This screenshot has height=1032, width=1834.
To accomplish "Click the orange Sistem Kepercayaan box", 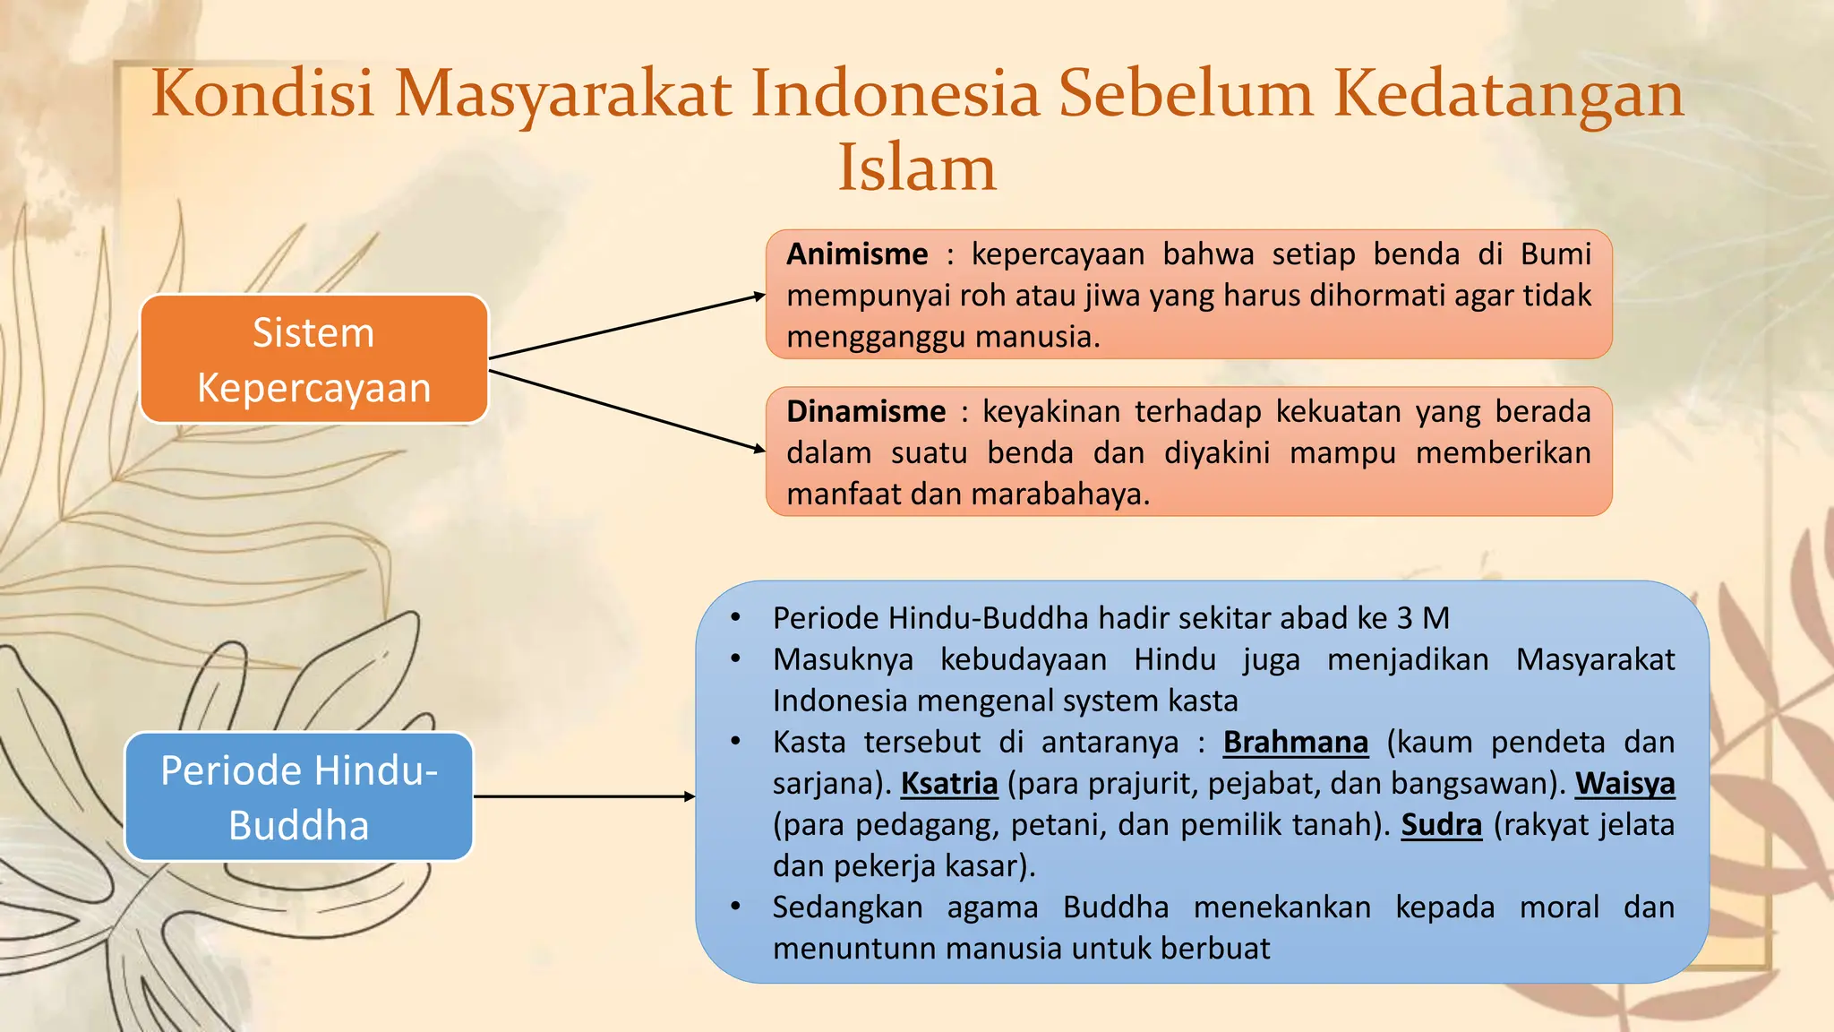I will (313, 359).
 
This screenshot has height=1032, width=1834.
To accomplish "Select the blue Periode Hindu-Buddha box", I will (298, 796).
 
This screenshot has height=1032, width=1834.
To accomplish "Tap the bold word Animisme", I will (857, 254).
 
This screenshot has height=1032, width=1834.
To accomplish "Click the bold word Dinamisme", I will (866, 411).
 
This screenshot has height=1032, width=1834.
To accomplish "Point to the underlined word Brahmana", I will (1295, 742).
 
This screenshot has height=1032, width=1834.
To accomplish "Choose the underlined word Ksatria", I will (948, 783).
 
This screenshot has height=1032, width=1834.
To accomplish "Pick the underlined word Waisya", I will (1624, 783).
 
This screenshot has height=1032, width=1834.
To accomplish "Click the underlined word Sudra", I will (1441, 824).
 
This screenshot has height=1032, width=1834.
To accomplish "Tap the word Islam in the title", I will (916, 168).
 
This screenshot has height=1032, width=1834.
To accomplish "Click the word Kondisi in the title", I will (262, 92).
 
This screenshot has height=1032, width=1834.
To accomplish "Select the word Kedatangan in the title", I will (1508, 92).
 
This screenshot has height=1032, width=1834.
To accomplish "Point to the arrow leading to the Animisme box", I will (627, 326).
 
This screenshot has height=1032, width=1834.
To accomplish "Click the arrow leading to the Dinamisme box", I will (627, 409).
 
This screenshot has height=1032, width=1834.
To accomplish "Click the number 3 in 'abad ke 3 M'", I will (1404, 618).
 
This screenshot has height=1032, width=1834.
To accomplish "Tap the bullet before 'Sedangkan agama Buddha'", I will (735, 907).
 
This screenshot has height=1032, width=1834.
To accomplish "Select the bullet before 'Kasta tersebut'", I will (735, 742).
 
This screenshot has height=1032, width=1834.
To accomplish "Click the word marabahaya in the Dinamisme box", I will (1059, 494).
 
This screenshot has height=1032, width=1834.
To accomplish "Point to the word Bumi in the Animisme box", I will (1555, 254).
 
